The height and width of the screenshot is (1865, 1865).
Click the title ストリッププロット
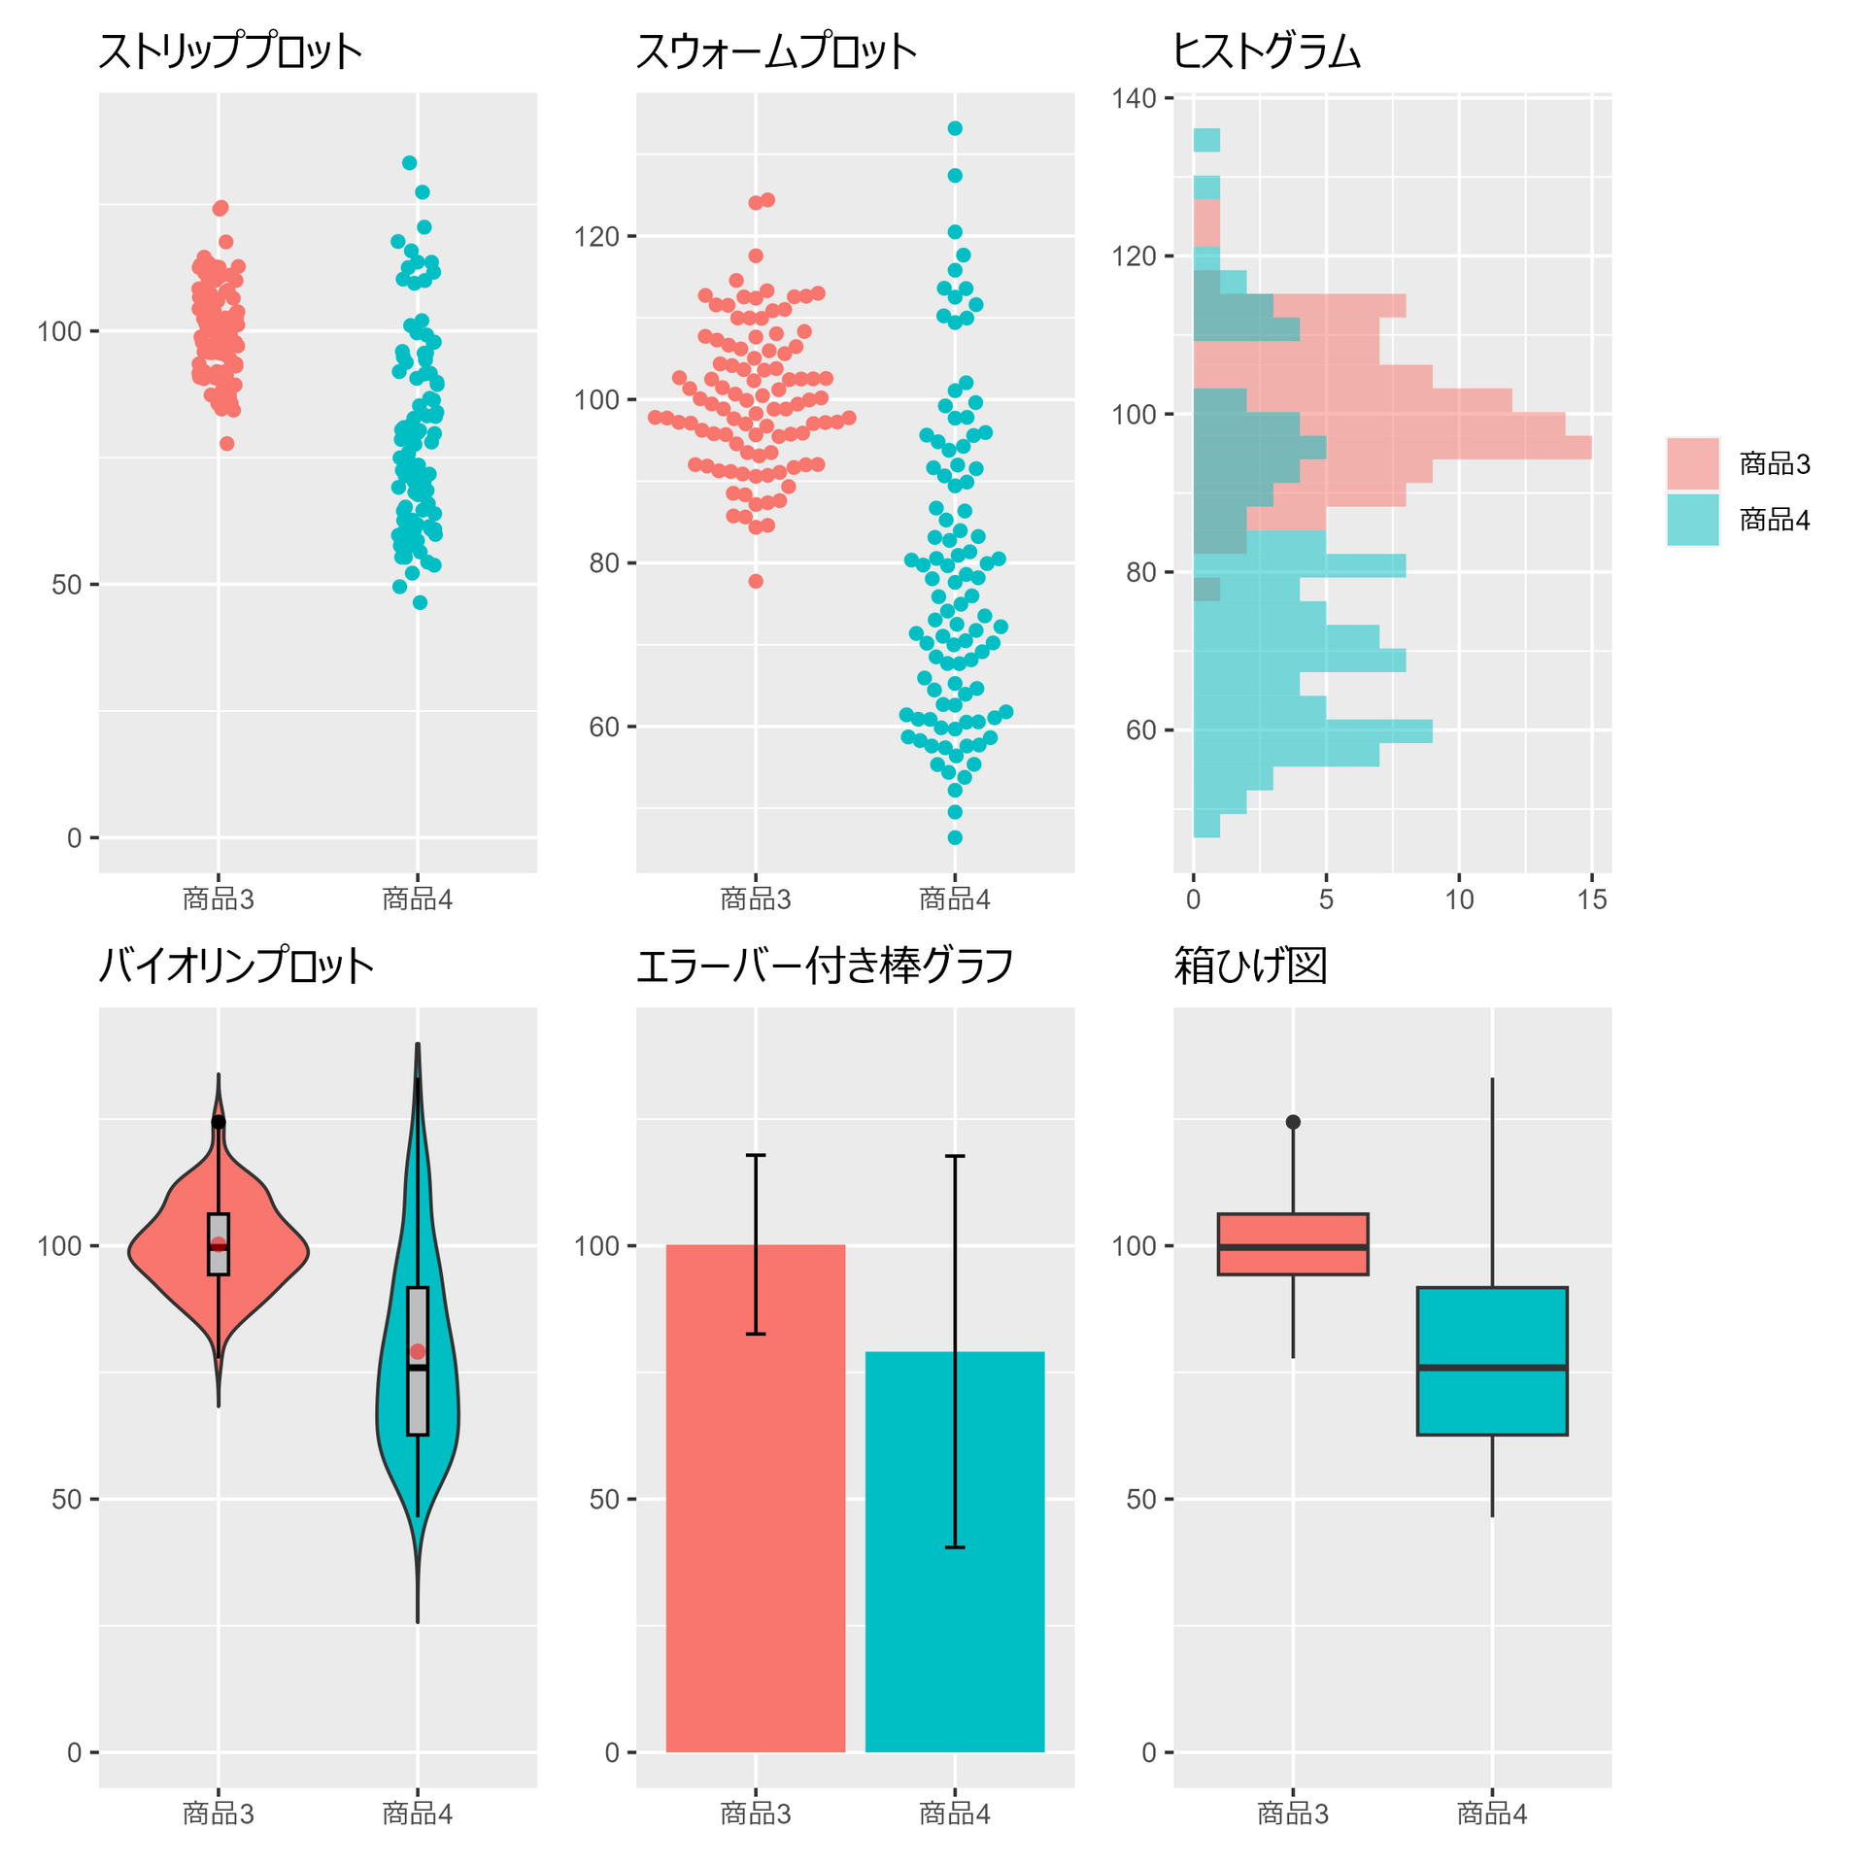pyautogui.click(x=230, y=51)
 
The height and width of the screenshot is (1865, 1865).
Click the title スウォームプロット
pyautogui.click(x=776, y=51)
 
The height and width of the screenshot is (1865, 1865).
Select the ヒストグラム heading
pyautogui.click(x=1268, y=51)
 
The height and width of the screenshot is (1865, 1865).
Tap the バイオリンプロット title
pyautogui.click(x=236, y=966)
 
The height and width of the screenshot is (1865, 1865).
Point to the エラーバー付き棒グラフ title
pyautogui.click(x=825, y=966)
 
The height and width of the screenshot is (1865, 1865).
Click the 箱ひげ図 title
pyautogui.click(x=1250, y=966)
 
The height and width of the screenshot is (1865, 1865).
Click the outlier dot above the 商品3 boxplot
pyautogui.click(x=1293, y=1122)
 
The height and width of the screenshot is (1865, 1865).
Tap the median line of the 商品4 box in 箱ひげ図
pyautogui.click(x=1492, y=1367)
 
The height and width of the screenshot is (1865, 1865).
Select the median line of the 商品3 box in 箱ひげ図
pyautogui.click(x=1293, y=1246)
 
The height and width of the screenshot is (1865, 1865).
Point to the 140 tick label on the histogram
pyautogui.click(x=1135, y=98)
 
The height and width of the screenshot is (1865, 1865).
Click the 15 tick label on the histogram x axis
pyautogui.click(x=1592, y=899)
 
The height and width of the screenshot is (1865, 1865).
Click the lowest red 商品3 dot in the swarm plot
pyautogui.click(x=756, y=581)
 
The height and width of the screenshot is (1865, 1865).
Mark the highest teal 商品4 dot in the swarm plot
pyautogui.click(x=955, y=128)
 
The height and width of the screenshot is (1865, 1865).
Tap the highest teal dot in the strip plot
pyautogui.click(x=410, y=163)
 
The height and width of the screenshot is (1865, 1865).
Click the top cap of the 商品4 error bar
pyautogui.click(x=955, y=1156)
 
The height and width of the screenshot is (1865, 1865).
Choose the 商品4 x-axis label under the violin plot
pyautogui.click(x=418, y=1814)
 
